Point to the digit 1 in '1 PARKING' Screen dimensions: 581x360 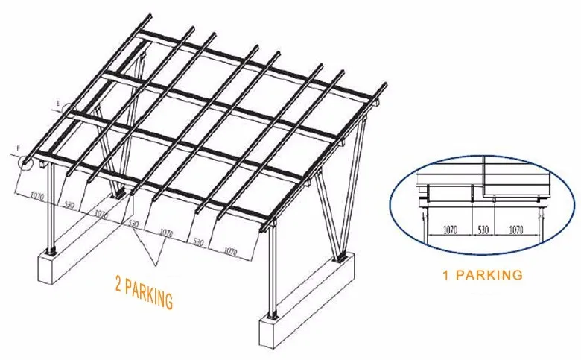click(x=445, y=275)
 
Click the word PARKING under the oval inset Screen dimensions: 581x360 click(x=490, y=275)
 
